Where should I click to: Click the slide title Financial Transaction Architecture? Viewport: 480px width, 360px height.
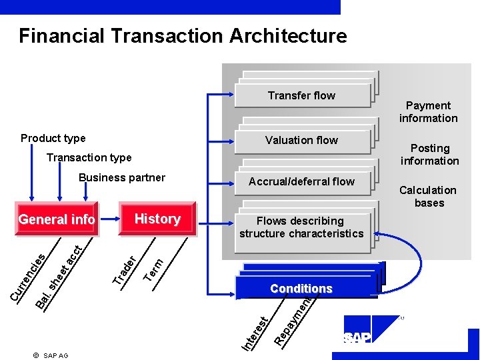183,35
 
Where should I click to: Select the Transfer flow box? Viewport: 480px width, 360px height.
301,95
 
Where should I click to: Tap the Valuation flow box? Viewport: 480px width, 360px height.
301,140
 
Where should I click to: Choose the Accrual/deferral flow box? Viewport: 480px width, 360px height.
301,181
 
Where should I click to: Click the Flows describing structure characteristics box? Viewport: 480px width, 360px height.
301,227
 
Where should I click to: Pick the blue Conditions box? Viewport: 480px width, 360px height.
301,288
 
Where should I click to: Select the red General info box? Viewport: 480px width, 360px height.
57,219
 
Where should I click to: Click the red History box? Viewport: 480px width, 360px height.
157,219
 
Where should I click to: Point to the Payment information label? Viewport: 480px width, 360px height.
428,112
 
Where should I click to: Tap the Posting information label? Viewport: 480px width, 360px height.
430,155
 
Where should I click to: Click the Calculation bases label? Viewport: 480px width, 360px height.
428,197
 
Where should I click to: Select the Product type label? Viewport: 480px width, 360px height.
53,139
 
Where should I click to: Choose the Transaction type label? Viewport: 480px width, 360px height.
89,158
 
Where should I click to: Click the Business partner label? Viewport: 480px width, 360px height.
122,177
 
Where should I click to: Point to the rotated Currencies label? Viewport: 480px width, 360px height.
29,275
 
